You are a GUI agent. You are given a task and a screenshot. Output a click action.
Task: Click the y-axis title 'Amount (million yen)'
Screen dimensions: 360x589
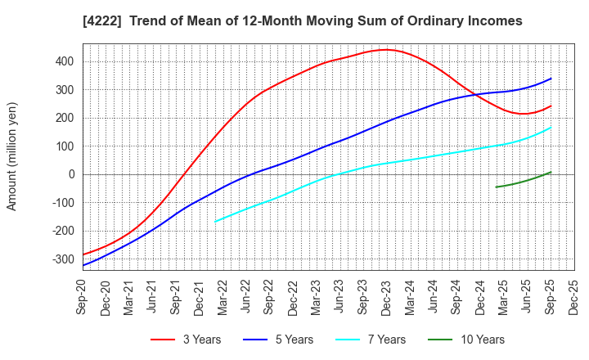click(12, 156)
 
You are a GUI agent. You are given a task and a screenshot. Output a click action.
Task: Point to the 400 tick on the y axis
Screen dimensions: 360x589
click(65, 61)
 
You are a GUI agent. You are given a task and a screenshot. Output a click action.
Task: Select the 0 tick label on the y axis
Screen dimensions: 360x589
click(71, 174)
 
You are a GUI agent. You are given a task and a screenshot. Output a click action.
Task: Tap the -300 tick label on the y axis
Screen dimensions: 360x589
click(62, 259)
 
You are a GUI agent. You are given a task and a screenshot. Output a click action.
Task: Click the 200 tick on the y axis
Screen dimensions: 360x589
click(65, 118)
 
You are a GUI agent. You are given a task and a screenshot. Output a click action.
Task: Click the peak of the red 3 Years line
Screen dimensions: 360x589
click(386, 50)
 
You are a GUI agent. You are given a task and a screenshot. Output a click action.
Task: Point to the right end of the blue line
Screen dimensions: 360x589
click(551, 79)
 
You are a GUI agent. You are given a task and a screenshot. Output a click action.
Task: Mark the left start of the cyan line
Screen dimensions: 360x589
click(215, 221)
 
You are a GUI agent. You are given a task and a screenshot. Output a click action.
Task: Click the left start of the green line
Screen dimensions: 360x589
click(496, 187)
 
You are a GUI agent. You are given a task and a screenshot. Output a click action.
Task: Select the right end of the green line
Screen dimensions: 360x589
click(551, 172)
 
